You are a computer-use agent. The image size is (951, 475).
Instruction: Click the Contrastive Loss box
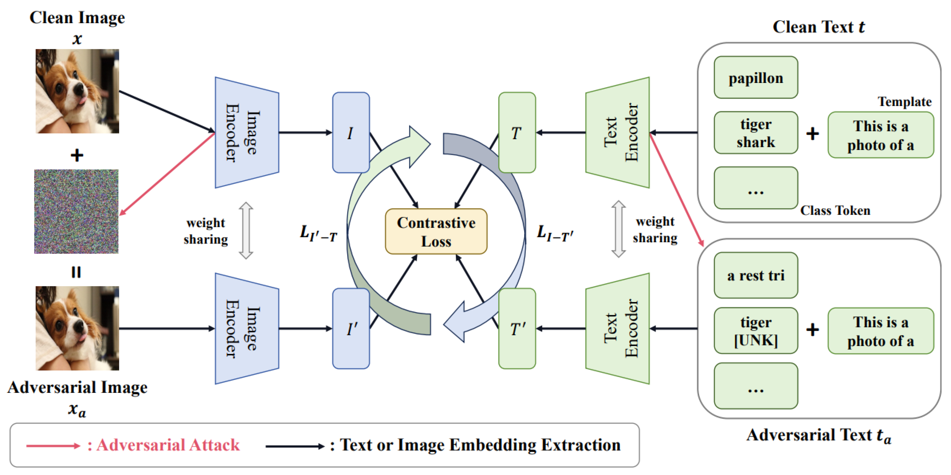(x=436, y=232)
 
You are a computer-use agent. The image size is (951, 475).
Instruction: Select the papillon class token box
(x=756, y=77)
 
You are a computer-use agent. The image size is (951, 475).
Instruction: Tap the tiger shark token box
(x=756, y=133)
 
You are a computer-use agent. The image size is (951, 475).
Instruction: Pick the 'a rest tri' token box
(x=756, y=275)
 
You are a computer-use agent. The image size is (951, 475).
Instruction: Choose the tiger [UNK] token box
(x=756, y=330)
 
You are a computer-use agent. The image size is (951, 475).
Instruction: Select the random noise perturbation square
(x=76, y=211)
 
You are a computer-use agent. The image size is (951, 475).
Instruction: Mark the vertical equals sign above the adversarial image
(x=76, y=272)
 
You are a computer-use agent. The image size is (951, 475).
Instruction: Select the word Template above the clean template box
(x=904, y=102)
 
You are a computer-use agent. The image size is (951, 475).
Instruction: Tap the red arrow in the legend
(x=53, y=446)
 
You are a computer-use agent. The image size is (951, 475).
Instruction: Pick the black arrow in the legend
(x=294, y=446)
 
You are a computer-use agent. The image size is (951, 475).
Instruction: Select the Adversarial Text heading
(x=819, y=436)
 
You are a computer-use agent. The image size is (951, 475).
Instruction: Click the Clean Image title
(x=77, y=18)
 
